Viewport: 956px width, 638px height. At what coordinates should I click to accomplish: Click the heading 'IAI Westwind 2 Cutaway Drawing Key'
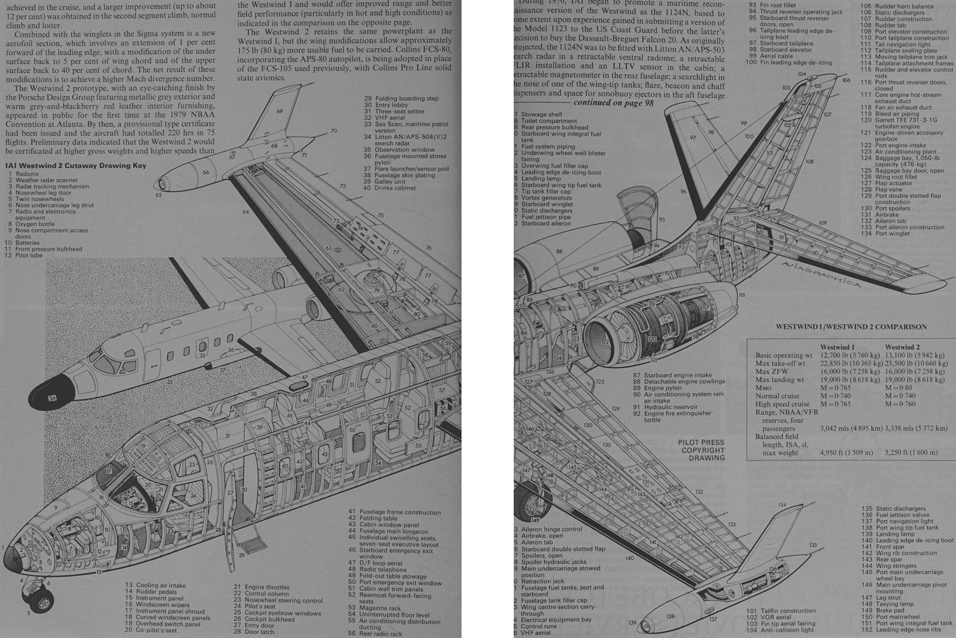tap(76, 165)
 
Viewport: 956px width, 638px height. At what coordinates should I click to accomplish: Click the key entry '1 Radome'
tap(24, 174)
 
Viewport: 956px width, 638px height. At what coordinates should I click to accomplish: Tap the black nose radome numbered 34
tap(53, 397)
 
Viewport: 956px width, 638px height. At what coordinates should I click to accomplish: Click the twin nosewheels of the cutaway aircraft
tap(37, 597)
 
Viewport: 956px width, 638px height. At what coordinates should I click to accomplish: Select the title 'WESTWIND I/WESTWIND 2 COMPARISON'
tap(851, 326)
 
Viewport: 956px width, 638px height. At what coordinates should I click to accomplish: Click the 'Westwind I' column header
tap(838, 347)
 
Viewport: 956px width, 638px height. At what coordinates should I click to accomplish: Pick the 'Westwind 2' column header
tap(902, 347)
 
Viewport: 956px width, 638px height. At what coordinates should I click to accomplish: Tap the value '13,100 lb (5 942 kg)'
tap(914, 355)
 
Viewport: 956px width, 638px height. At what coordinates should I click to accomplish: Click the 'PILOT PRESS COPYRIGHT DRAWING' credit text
tap(701, 450)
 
